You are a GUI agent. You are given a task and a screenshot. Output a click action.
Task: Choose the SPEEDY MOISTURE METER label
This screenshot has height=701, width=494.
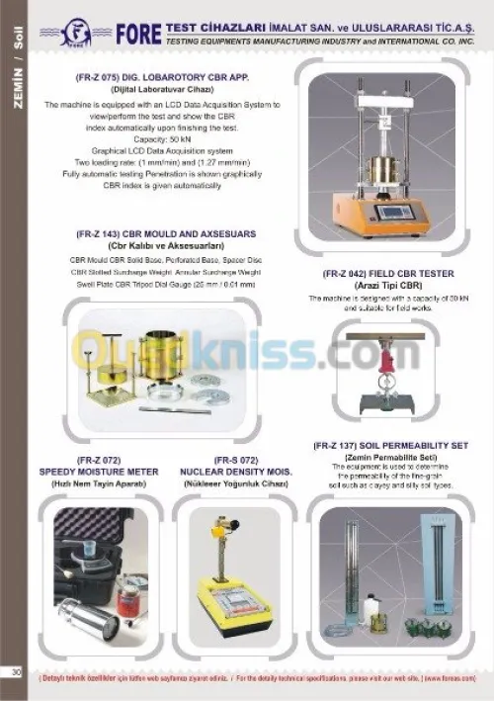(x=99, y=472)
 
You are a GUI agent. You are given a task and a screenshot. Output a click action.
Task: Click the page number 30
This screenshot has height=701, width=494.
(x=16, y=672)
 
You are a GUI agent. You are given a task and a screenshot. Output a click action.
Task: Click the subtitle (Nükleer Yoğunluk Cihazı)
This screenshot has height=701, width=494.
(x=234, y=483)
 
